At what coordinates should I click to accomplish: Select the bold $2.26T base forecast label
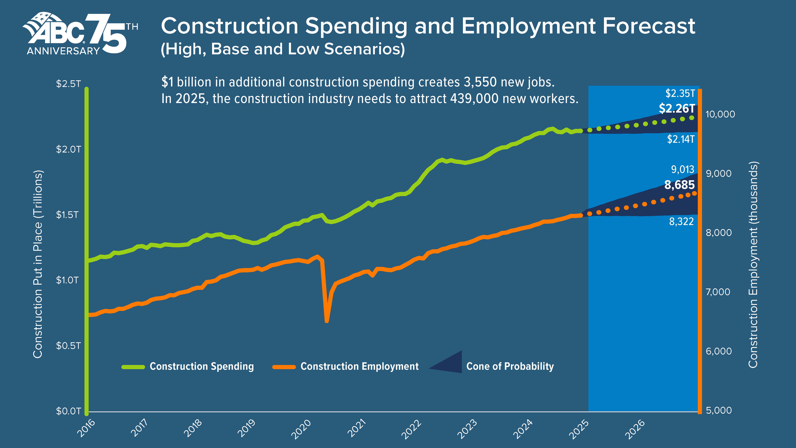pos(676,109)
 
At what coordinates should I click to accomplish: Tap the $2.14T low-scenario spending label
pos(680,139)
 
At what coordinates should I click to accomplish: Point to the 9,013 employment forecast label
pos(682,169)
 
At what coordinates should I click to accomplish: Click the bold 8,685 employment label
pos(679,185)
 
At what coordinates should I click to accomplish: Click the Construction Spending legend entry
pos(201,366)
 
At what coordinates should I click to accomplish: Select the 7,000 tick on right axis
pos(718,292)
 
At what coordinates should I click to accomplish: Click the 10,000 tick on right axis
pos(720,114)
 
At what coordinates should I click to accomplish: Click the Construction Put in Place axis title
pos(38,264)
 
